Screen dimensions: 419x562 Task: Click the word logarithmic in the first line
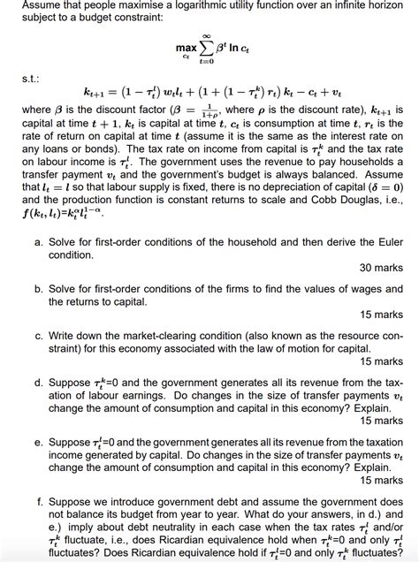209,6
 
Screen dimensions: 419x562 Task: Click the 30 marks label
381,268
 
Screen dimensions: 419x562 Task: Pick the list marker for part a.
38,240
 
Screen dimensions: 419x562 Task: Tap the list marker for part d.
38,383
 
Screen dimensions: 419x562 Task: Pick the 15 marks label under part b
381,315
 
